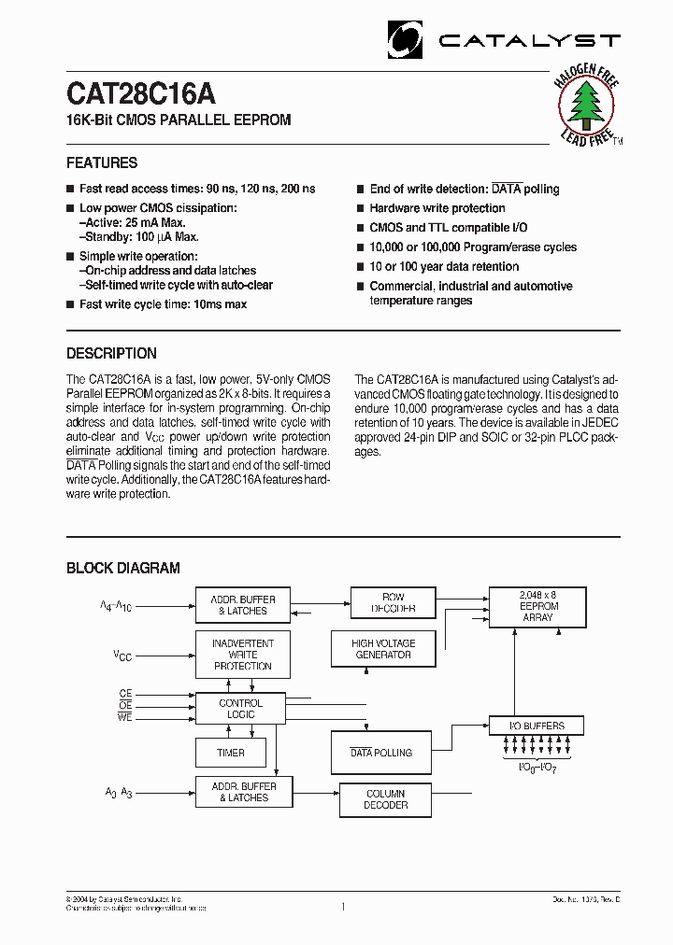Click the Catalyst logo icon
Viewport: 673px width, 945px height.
(x=406, y=39)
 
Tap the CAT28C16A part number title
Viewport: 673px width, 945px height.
(x=141, y=94)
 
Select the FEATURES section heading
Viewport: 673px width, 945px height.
(x=102, y=162)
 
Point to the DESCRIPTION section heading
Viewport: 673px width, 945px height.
(x=111, y=353)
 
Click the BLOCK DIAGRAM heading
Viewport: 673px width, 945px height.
(x=122, y=568)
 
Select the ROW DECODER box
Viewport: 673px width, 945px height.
(x=393, y=602)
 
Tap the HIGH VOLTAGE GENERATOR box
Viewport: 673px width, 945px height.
(x=383, y=649)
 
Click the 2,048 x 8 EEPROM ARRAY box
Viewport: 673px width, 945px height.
(x=537, y=605)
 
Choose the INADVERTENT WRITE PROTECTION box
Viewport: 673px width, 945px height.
(x=242, y=655)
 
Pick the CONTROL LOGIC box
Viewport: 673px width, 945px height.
(x=240, y=709)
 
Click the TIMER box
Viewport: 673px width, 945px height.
(x=230, y=753)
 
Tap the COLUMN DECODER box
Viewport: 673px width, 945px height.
(x=385, y=798)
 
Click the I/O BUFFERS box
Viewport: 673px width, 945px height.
(x=537, y=725)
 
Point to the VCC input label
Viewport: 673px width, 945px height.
(x=122, y=656)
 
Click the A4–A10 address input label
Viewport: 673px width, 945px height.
(x=116, y=606)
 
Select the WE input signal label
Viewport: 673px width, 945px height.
(x=125, y=717)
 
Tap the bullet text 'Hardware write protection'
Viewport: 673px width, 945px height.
(x=437, y=208)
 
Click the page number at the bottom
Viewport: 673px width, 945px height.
(x=343, y=906)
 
